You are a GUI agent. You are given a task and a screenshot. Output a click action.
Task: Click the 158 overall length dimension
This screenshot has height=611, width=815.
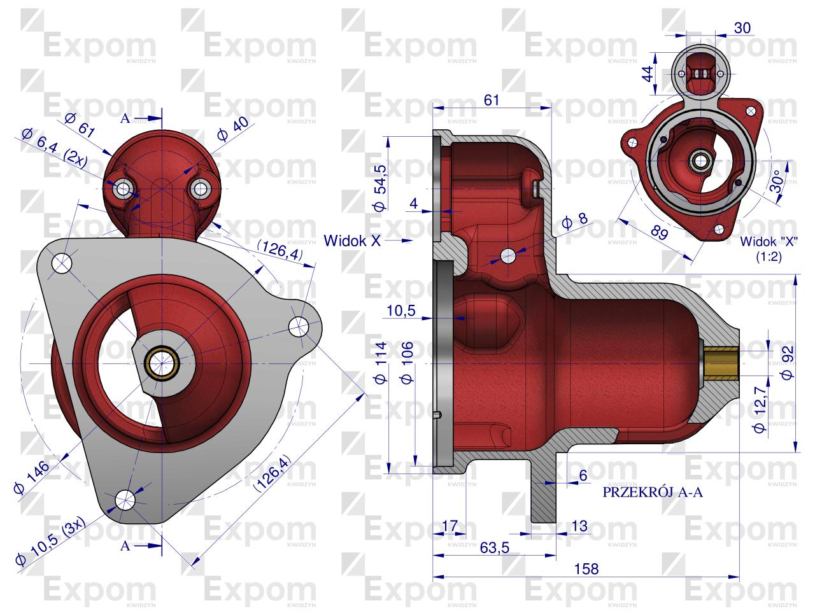pos(586,569)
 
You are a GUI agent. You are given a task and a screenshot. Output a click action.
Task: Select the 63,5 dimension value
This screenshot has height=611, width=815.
pos(495,547)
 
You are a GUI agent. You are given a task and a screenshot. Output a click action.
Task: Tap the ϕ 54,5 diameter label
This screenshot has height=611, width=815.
pos(381,188)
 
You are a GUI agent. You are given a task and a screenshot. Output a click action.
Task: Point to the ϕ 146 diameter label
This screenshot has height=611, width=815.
pos(32,477)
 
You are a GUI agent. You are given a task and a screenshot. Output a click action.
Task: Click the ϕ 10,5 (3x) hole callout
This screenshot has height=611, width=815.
pos(50,542)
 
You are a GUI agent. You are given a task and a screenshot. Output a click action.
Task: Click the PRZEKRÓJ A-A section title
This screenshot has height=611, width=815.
pos(653,492)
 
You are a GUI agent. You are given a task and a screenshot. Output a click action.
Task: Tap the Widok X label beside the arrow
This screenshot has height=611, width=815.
pos(352,241)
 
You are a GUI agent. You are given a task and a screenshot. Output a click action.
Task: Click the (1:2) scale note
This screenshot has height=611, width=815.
pos(769,256)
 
